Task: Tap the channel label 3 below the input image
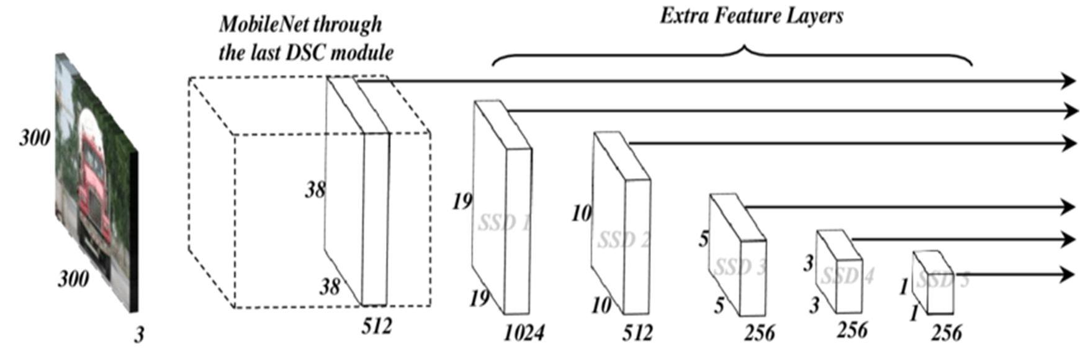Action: (x=139, y=335)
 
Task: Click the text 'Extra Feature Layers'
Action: (x=751, y=16)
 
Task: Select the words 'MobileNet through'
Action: (x=300, y=25)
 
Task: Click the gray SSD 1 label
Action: (x=504, y=222)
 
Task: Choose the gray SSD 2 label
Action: (x=624, y=239)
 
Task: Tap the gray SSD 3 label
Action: (x=740, y=267)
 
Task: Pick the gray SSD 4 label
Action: (x=847, y=275)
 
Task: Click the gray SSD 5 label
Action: (x=942, y=280)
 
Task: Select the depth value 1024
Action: (x=523, y=333)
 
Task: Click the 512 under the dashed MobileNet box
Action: (x=377, y=325)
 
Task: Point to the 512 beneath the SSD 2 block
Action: (x=637, y=333)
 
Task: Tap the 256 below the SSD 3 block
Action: (x=760, y=333)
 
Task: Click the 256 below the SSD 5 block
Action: (x=946, y=333)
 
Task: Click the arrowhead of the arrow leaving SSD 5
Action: (x=1068, y=274)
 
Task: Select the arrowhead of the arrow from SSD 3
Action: (x=1068, y=207)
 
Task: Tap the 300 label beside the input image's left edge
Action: (x=35, y=137)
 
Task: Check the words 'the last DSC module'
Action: (x=306, y=53)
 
